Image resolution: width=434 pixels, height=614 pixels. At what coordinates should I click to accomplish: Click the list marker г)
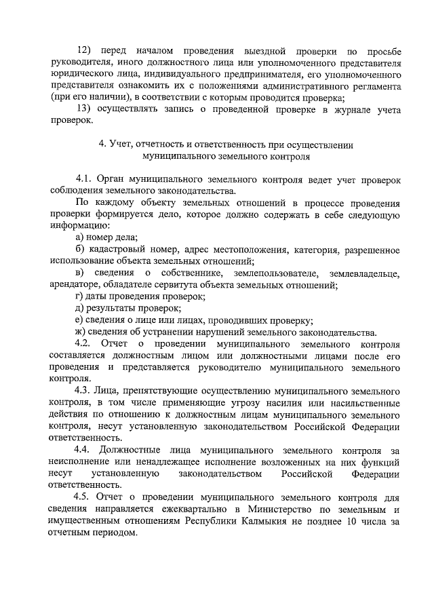tap(79, 297)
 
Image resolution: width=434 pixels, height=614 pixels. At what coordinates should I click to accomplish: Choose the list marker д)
tap(79, 309)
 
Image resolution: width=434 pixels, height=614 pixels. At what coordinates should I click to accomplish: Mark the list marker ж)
tap(80, 332)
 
